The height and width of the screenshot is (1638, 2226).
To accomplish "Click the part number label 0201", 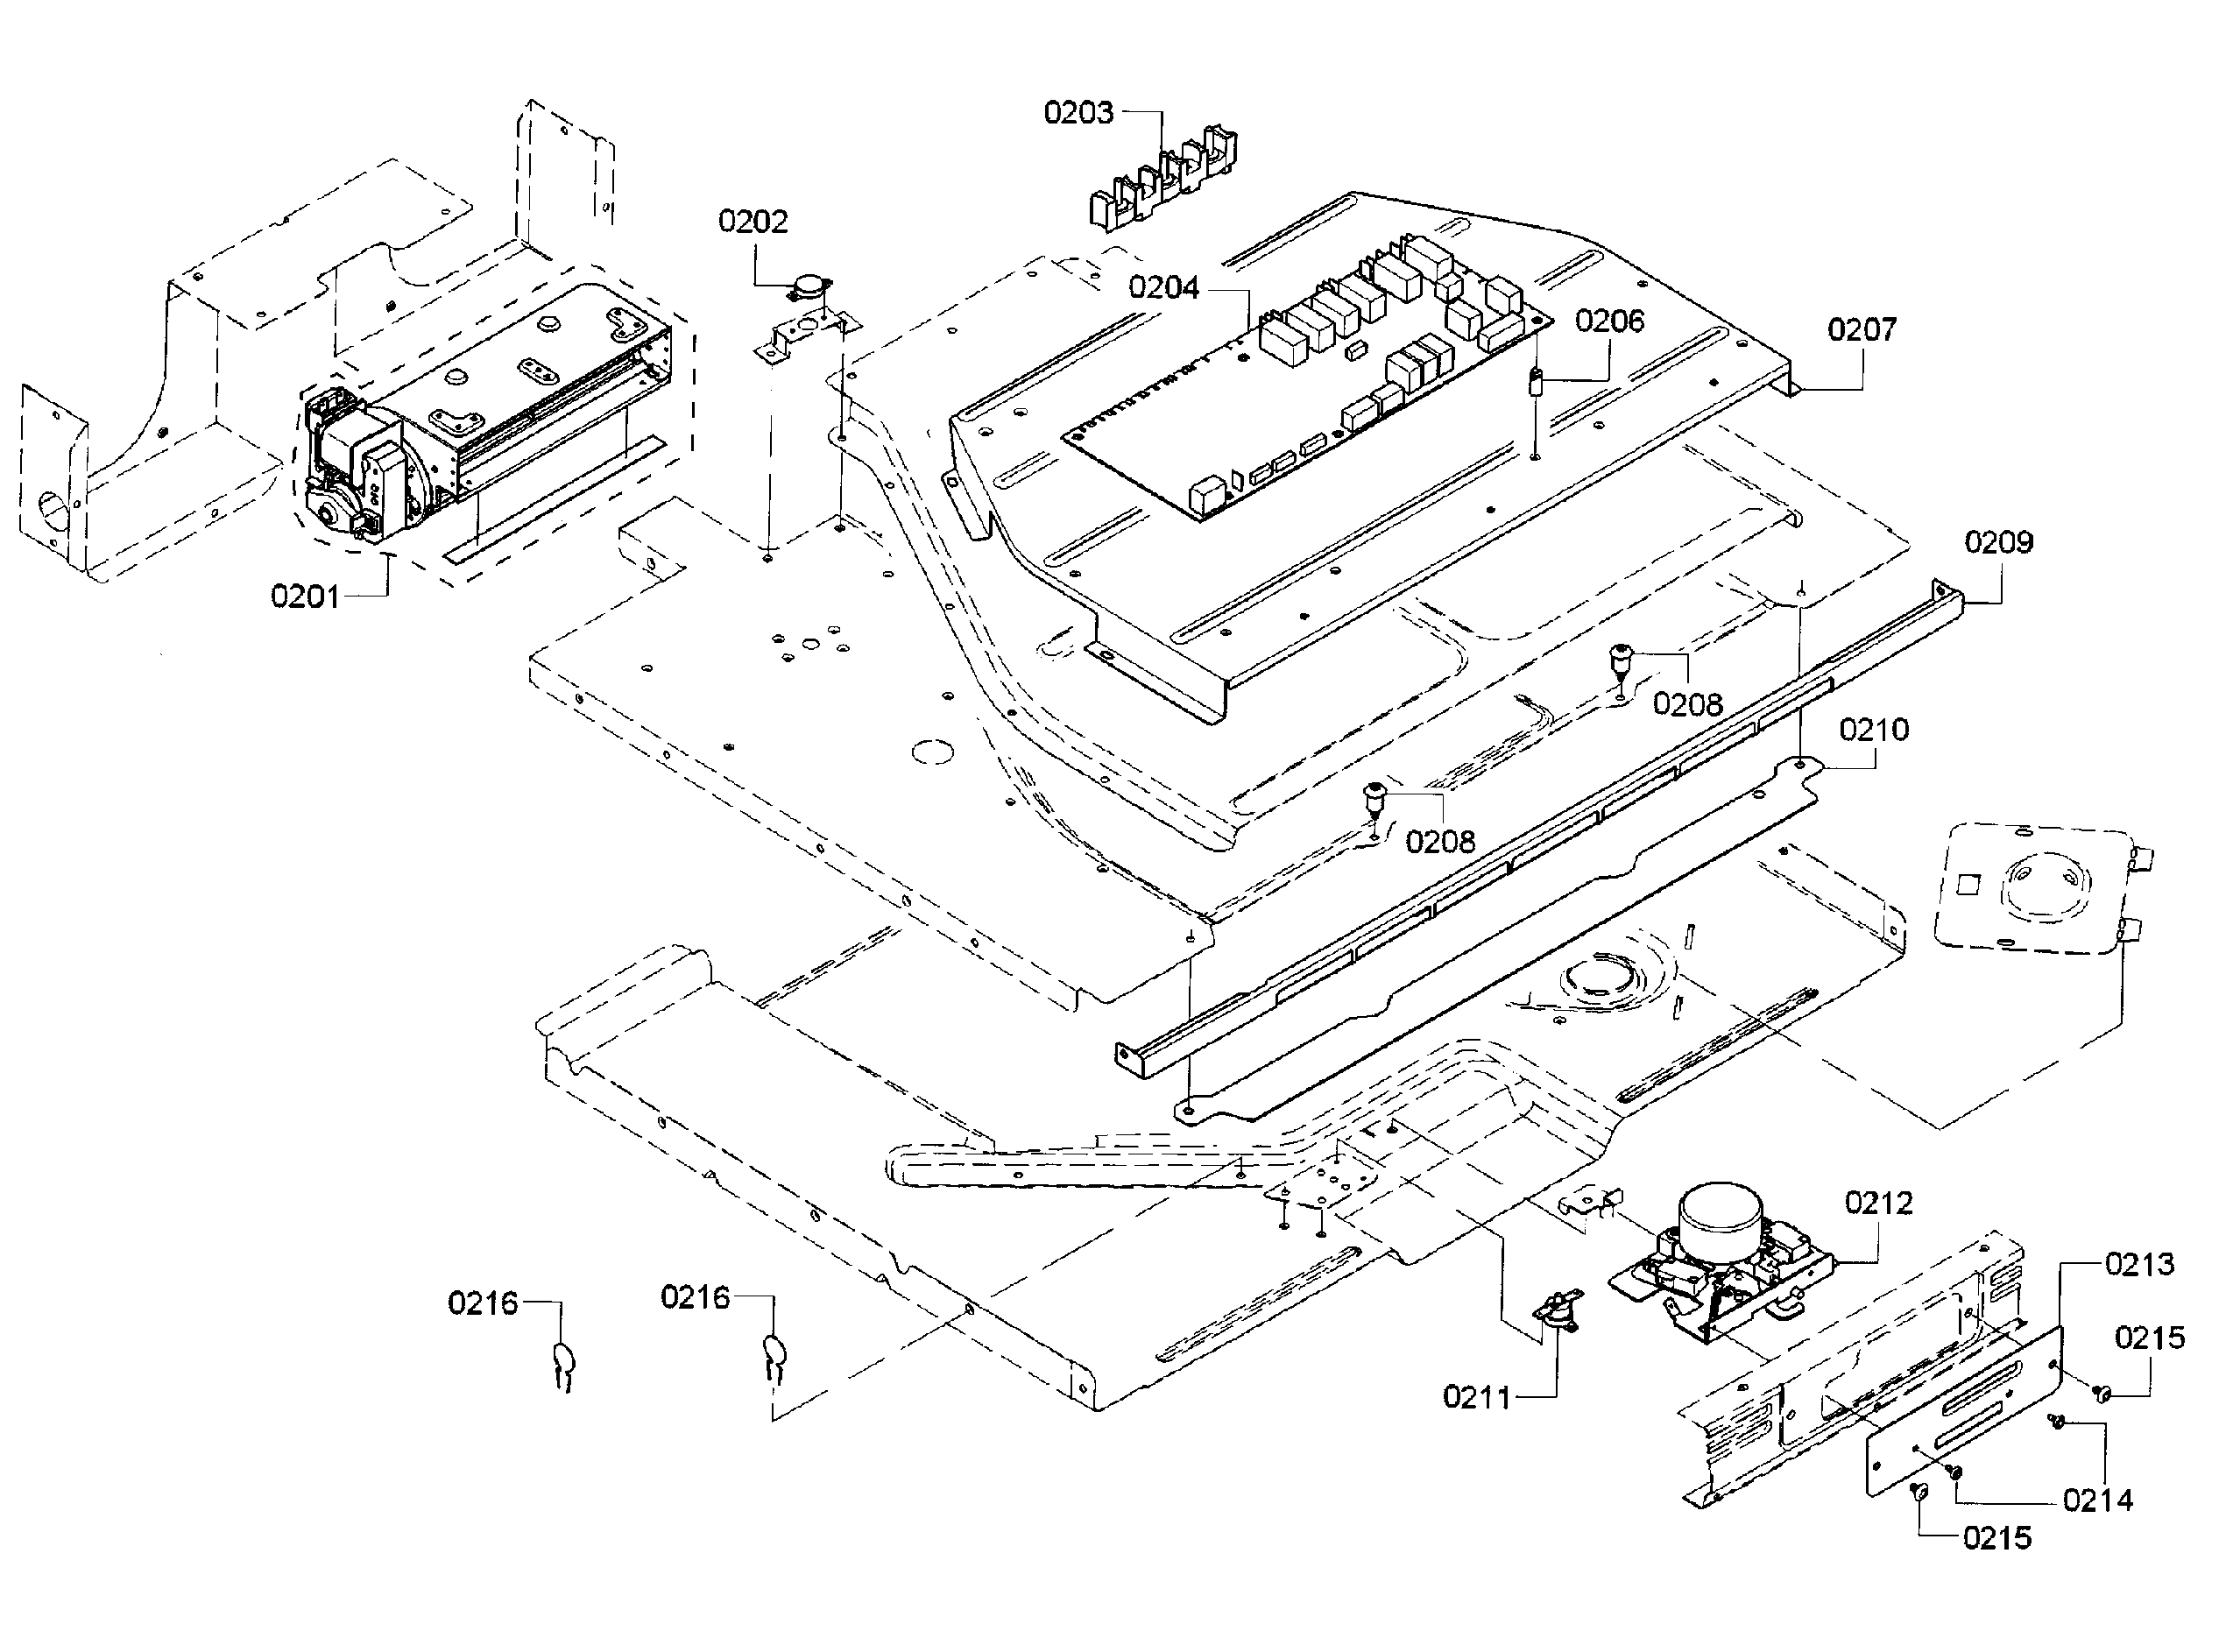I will click(304, 597).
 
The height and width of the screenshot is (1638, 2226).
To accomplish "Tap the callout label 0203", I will click(1078, 113).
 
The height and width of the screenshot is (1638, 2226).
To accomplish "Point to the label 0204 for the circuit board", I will click(1163, 288).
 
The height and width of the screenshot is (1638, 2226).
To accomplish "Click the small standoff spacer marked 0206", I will click(1536, 382).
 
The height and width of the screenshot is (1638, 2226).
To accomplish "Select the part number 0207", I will click(1861, 329).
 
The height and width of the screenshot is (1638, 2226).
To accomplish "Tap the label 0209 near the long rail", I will click(1998, 542).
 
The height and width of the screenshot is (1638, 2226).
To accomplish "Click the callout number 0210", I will click(1873, 730).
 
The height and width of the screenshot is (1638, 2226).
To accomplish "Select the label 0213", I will click(2138, 1264).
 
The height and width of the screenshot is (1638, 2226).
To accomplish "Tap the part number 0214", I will click(2097, 1500).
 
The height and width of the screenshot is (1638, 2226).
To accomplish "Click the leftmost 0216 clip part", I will click(562, 1360).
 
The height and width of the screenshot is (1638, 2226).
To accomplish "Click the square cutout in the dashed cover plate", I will click(1968, 881).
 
